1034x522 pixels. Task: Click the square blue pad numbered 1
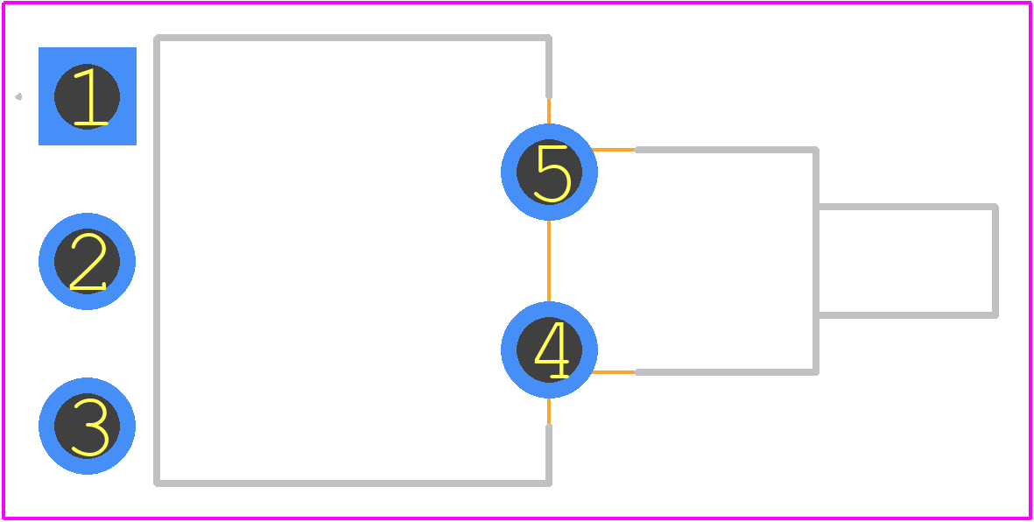click(87, 96)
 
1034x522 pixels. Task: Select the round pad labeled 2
click(87, 261)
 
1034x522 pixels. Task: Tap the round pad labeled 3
click(87, 426)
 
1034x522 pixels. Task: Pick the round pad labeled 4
click(549, 349)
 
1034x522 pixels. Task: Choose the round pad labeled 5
click(549, 173)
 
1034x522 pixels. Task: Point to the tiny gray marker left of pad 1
click(18, 97)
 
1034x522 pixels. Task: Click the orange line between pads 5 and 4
click(549, 261)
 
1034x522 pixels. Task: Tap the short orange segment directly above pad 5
click(549, 111)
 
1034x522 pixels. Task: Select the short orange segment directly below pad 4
click(549, 411)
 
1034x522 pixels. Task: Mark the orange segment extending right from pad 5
click(613, 150)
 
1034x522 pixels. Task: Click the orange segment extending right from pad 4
click(613, 372)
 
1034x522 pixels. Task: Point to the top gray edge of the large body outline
click(353, 38)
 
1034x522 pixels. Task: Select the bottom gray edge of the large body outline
click(353, 483)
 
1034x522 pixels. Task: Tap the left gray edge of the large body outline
click(157, 261)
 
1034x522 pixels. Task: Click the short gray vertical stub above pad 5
click(549, 67)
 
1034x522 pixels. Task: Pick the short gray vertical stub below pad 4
click(549, 455)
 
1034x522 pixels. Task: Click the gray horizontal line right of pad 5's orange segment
click(726, 150)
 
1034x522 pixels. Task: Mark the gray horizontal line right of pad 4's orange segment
click(726, 372)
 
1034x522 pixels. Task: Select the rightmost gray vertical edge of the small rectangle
click(995, 261)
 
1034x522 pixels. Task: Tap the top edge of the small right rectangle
click(907, 208)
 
